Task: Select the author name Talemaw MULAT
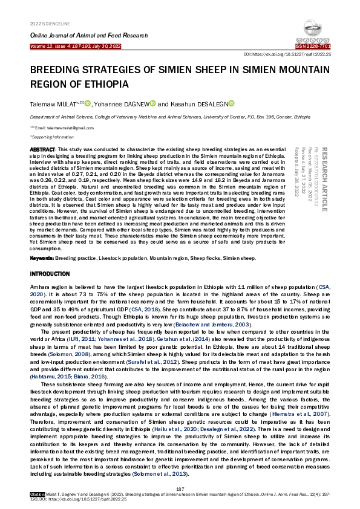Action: tap(51, 104)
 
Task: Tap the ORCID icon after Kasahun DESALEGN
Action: tap(231, 103)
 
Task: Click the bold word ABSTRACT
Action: tap(42, 149)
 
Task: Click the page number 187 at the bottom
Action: tap(180, 488)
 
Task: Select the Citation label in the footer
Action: tap(38, 494)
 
